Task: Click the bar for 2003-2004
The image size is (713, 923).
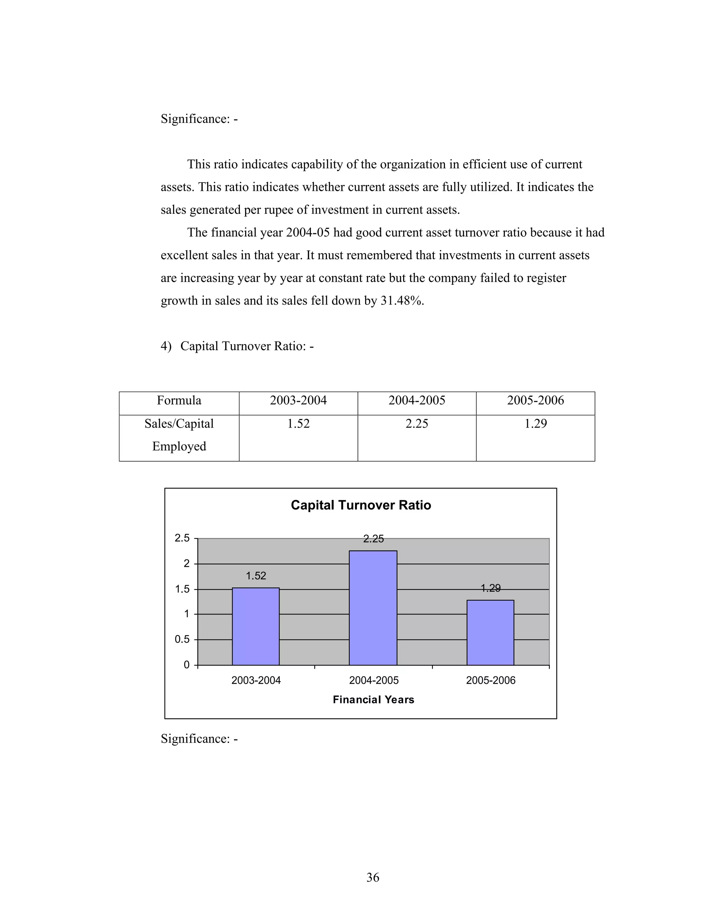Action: pos(256,626)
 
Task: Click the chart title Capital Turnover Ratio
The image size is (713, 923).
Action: pos(361,505)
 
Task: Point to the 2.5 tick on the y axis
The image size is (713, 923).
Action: pos(182,538)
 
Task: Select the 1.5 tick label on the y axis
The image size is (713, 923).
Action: pos(182,589)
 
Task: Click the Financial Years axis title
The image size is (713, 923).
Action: pos(373,699)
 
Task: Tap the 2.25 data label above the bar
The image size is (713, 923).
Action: pos(373,539)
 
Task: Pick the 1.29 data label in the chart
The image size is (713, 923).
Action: pos(490,588)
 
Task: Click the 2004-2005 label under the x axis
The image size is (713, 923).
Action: pos(374,680)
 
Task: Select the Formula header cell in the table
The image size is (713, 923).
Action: pos(179,400)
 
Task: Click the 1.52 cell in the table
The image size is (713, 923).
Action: pos(298,423)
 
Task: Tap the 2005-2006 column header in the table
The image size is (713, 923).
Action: pos(535,400)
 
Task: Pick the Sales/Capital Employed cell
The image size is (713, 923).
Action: pos(179,435)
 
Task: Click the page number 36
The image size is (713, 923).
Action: pos(373,877)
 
